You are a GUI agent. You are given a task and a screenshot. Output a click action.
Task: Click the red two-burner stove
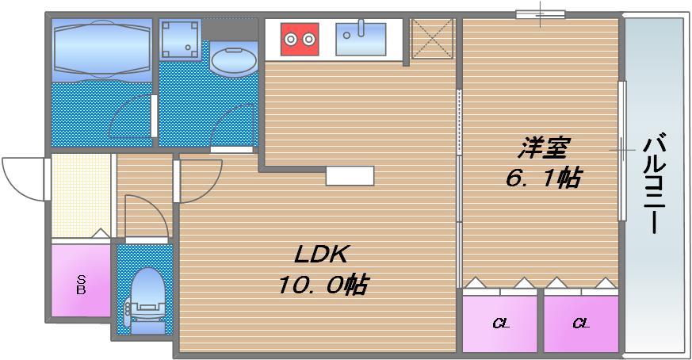(300, 39)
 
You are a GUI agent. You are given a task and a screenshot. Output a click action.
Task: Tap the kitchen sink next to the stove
(361, 39)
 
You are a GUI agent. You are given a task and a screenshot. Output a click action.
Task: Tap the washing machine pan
(180, 39)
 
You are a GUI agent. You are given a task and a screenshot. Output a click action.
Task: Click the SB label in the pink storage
(81, 285)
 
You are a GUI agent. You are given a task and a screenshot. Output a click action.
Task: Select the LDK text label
(321, 254)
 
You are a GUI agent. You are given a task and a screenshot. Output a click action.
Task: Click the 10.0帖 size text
(323, 285)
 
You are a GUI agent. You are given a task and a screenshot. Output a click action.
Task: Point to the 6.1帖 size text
(543, 178)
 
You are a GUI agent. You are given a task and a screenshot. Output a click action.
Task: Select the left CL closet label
(501, 324)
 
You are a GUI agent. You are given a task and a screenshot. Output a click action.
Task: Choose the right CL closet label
(581, 324)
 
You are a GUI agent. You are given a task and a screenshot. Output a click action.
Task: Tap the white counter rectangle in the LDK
(350, 176)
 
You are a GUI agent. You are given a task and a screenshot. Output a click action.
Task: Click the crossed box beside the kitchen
(433, 39)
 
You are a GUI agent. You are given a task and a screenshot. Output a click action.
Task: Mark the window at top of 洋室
(541, 14)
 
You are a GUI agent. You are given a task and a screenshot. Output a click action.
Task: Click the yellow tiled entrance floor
(81, 196)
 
